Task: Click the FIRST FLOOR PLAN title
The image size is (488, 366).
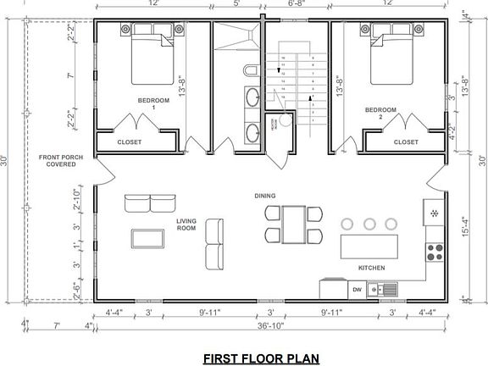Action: tap(260, 358)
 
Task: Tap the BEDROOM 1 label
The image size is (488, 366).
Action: tap(153, 104)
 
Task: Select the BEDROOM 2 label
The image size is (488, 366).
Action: tap(380, 114)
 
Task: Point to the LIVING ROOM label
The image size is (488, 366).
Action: tap(186, 225)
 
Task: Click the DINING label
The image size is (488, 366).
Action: tap(265, 196)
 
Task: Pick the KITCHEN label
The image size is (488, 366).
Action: tap(371, 268)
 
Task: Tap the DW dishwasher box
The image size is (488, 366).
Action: tap(358, 289)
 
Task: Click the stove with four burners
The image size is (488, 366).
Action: tap(435, 250)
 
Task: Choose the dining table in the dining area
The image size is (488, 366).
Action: tap(293, 224)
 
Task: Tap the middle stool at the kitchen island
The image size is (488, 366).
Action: tap(369, 224)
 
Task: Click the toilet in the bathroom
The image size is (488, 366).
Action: tap(250, 69)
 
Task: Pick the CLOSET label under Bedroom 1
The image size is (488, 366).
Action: tap(130, 141)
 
